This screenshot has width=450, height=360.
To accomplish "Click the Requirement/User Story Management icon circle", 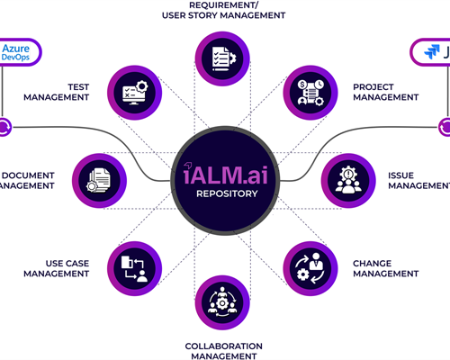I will (225, 57).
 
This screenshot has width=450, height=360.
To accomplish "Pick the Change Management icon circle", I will (311, 265).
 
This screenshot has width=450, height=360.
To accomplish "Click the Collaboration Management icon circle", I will (225, 301).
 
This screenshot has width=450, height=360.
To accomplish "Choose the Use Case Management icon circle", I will (135, 265).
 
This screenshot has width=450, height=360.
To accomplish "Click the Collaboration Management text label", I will (223, 350).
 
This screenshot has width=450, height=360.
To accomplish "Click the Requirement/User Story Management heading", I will (225, 10).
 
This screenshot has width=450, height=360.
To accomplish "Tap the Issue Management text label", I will (418, 179).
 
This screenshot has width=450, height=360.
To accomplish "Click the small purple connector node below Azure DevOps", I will (4, 127).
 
